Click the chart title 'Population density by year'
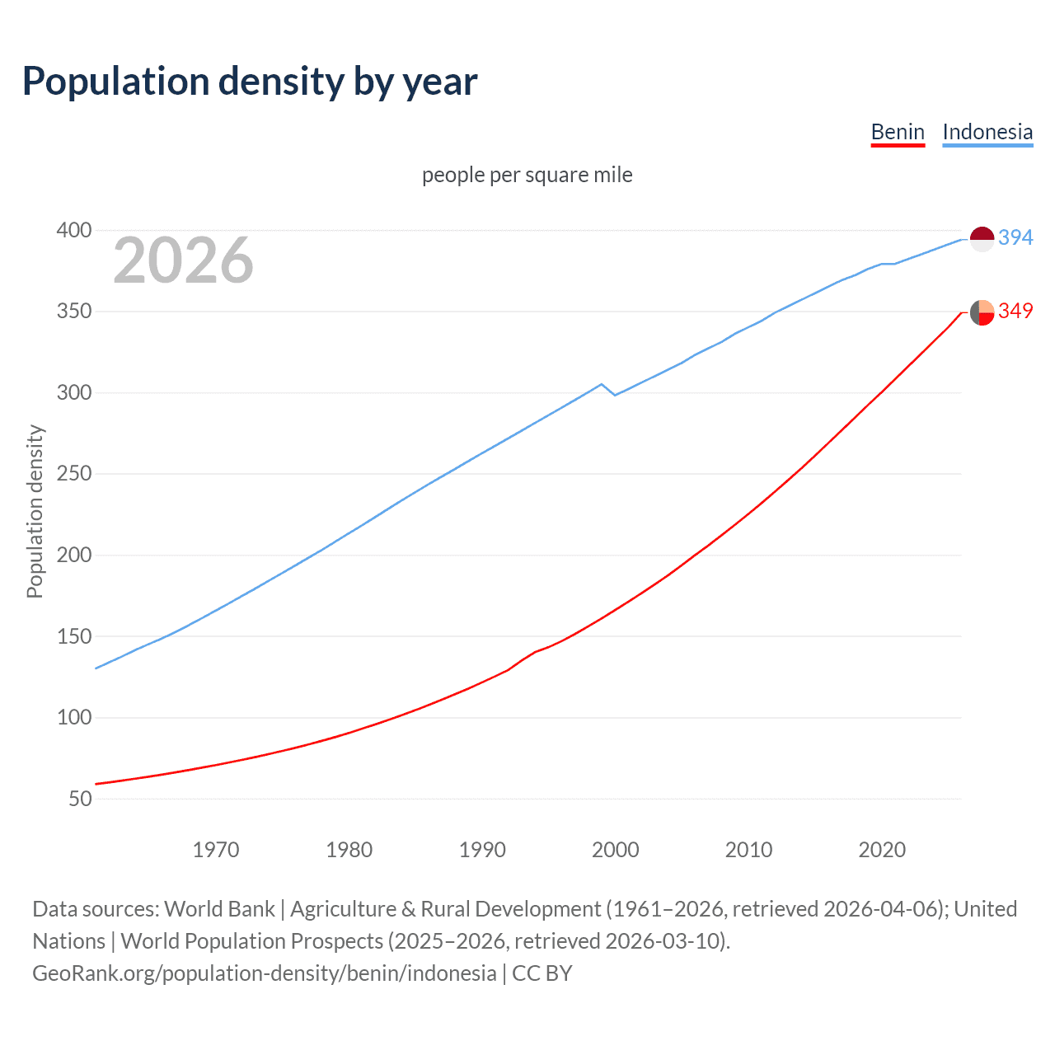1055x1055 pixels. pyautogui.click(x=250, y=82)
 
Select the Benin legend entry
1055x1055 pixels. pyautogui.click(x=898, y=132)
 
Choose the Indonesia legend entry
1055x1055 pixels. pyautogui.click(x=987, y=132)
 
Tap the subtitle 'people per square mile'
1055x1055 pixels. pyautogui.click(x=527, y=175)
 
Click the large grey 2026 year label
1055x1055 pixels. pyautogui.click(x=183, y=260)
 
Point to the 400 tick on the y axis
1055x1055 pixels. pyautogui.click(x=73, y=230)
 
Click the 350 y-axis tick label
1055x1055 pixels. pyautogui.click(x=73, y=312)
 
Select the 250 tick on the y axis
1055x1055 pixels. pyautogui.click(x=73, y=474)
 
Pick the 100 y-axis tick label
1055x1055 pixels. pyautogui.click(x=73, y=718)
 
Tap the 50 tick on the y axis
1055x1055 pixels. pyautogui.click(x=80, y=799)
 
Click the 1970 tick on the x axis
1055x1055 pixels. pyautogui.click(x=216, y=849)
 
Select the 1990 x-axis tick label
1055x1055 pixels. pyautogui.click(x=482, y=849)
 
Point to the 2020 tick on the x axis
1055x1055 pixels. pyautogui.click(x=882, y=849)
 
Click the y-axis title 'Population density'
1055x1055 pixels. pyautogui.click(x=35, y=511)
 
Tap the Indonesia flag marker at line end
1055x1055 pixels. pyautogui.click(x=982, y=239)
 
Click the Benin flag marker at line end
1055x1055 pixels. pyautogui.click(x=982, y=312)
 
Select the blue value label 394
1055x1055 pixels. pyautogui.click(x=1015, y=237)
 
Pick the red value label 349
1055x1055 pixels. pyautogui.click(x=1015, y=311)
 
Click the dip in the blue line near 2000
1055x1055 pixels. pyautogui.click(x=614, y=395)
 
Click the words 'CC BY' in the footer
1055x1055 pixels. pyautogui.click(x=542, y=973)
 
